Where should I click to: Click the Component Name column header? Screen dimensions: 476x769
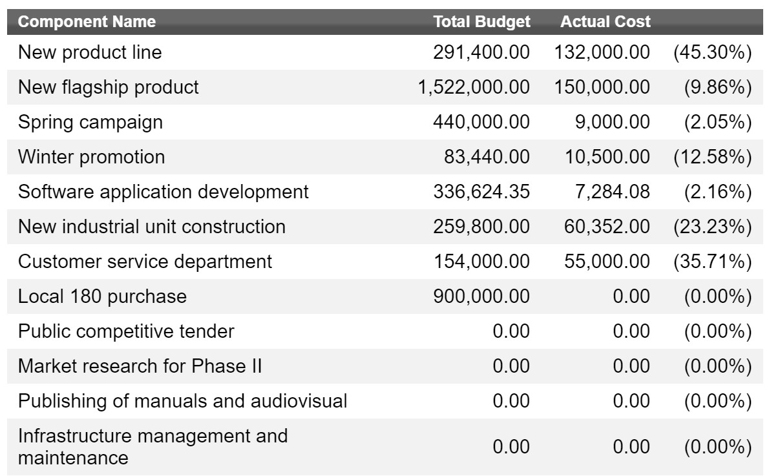[x=87, y=21]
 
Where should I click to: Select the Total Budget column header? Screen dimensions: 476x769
[x=481, y=21]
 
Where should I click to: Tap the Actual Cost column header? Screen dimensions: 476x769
[x=606, y=21]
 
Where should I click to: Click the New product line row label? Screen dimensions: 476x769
[x=90, y=52]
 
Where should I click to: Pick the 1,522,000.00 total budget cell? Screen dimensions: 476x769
[x=474, y=87]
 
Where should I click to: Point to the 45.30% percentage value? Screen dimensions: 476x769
[x=712, y=52]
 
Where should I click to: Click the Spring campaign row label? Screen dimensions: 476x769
[x=90, y=122]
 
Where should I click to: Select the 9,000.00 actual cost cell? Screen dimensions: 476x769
[x=612, y=122]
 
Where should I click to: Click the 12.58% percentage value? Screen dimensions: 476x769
[x=712, y=157]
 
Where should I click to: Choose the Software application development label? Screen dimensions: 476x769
[x=163, y=192]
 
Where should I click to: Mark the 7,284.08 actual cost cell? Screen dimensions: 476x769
[x=612, y=192]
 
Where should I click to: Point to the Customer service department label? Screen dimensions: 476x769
[x=145, y=262]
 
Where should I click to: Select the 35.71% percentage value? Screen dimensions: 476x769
[x=712, y=262]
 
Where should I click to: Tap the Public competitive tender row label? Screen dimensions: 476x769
[x=126, y=331]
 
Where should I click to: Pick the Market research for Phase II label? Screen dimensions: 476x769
[x=140, y=366]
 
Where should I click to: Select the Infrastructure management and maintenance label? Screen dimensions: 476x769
[x=153, y=446]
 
